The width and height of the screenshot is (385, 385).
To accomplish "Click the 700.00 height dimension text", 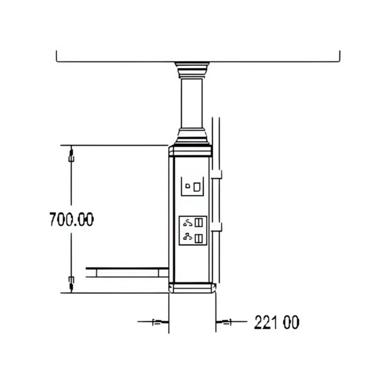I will coord(71,219).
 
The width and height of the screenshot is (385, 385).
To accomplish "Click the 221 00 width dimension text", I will coord(277,322).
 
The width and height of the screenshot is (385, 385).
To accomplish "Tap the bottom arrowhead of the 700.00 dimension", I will coord(71,281).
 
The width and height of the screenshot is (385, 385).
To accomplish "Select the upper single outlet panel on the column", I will coord(192,187).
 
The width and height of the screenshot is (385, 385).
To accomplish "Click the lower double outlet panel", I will coord(192,231).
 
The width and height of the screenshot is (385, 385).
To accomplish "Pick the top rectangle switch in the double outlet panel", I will coord(199,223).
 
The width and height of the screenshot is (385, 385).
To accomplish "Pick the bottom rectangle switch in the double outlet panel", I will coord(199,239).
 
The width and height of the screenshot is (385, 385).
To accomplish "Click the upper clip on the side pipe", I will coord(219,175).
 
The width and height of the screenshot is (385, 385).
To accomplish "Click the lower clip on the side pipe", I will coord(219,226).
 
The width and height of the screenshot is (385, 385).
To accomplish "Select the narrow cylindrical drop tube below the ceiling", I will coord(191,103).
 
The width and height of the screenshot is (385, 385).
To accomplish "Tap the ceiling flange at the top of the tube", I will coord(191,67).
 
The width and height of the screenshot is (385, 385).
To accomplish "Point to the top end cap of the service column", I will coord(191,151).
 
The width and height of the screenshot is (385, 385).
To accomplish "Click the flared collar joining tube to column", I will coord(191,136).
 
